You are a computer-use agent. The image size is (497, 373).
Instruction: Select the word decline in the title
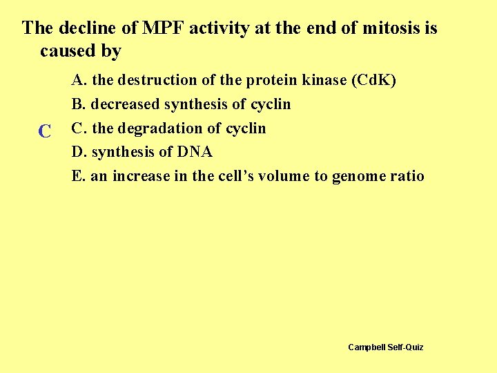pos(98,28)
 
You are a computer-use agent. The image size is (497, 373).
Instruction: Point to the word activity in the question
pos(217,28)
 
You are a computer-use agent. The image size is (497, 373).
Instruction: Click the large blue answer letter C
pos(45,131)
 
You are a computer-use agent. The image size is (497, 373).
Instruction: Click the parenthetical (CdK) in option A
pos(373,80)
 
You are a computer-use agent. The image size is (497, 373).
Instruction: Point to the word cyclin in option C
pos(245,128)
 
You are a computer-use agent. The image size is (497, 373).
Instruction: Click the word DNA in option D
pos(195,152)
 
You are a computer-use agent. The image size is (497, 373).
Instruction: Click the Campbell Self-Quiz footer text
pos(386,347)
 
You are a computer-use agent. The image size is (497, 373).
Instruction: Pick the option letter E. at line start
pos(79,176)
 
